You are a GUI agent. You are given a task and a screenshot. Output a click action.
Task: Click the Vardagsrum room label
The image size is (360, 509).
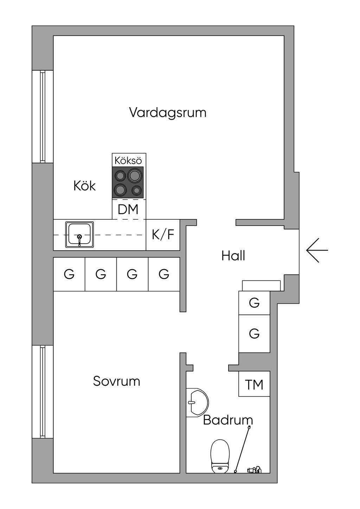tap(167, 113)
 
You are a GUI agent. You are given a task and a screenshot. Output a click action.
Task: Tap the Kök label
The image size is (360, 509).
tap(84, 186)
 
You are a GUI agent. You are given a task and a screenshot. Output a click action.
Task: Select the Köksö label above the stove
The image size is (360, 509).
tap(128, 161)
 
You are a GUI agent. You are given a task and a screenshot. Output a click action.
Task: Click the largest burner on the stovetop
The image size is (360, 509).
tap(135, 175)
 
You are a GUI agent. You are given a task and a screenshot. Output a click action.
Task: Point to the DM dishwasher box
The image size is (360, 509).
tap(128, 210)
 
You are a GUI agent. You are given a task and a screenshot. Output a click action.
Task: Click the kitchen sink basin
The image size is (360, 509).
tap(79, 234)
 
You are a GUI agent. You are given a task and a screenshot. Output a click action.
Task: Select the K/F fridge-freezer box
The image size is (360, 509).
tap(163, 234)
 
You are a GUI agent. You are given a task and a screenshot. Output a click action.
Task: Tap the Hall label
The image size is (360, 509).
tap(233, 256)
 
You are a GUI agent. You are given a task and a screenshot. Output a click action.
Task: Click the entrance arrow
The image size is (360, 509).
tap(317, 250)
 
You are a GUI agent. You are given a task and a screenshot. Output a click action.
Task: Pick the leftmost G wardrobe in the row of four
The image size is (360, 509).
tap(69, 274)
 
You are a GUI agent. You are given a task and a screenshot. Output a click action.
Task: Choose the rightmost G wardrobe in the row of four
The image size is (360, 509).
tap(164, 274)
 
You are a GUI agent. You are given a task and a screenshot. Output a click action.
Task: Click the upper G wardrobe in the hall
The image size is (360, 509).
tap(254, 303)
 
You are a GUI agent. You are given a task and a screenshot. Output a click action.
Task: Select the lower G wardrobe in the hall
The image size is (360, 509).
tap(254, 333)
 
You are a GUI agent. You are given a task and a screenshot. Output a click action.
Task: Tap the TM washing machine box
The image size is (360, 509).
tap(254, 385)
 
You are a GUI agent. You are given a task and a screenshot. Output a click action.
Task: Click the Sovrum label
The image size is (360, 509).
tap(116, 381)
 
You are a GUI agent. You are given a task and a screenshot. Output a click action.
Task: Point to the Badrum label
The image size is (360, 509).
tap(228, 420)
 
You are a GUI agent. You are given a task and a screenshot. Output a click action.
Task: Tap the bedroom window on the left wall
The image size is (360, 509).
tap(43, 392)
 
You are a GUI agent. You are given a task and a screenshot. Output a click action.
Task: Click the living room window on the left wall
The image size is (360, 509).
tap(43, 117)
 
